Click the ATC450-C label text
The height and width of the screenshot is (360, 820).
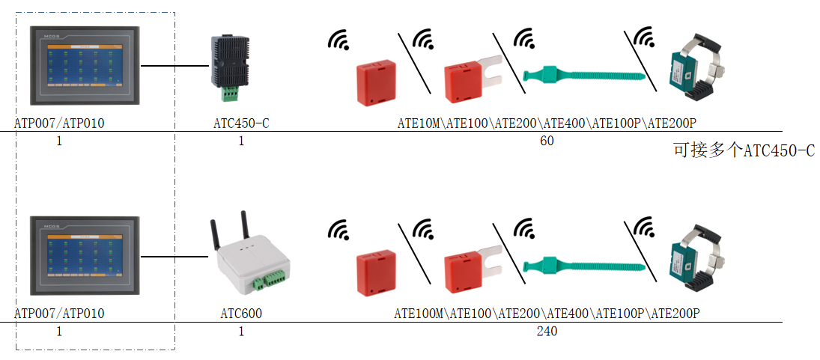pos(241,123)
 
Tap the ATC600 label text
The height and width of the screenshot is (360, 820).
pos(241,314)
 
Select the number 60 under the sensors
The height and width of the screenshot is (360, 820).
pos(547,141)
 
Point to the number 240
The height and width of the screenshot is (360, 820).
pos(547,332)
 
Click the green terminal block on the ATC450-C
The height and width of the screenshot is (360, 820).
pos(230,93)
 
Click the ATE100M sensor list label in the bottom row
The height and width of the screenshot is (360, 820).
pos(547,314)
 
